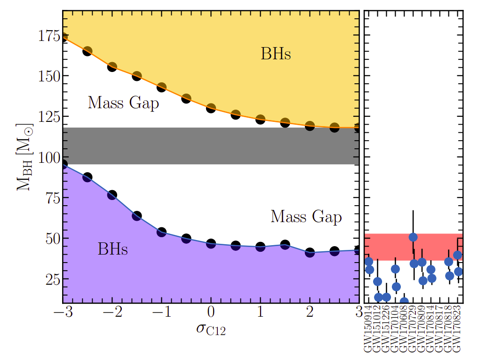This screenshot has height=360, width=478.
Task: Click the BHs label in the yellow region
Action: click(276, 54)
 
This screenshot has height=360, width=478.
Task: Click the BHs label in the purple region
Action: click(112, 249)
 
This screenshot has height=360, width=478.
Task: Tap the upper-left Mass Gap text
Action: click(123, 103)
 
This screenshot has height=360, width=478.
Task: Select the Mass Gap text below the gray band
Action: click(306, 216)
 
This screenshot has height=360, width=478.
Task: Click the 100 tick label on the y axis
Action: click(47, 158)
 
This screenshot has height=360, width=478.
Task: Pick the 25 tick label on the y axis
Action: click(51, 279)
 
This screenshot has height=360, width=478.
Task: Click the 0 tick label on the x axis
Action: click(211, 312)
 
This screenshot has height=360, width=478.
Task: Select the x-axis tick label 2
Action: click(310, 312)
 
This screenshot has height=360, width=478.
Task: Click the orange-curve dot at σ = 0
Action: click(211, 108)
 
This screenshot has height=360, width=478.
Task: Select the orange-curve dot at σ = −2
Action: click(112, 67)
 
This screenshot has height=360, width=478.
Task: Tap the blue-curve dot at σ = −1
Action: click(161, 232)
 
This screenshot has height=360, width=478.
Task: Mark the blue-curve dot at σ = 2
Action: click(310, 252)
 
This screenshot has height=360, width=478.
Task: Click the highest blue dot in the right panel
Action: click(413, 237)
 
